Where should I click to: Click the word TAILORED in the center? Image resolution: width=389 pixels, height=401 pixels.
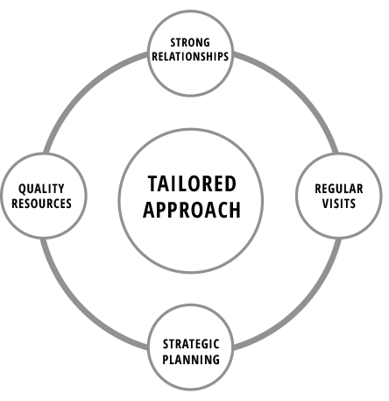(192, 183)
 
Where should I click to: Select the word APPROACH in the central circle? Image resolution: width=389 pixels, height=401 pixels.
(192, 210)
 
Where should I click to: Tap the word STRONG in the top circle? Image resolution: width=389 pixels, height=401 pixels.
(190, 42)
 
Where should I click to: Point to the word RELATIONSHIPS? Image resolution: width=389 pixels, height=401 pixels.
(190, 56)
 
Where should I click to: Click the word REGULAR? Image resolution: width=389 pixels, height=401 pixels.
(339, 189)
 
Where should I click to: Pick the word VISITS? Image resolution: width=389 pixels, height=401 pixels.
(339, 204)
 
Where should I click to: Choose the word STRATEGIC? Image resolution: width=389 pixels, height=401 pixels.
(191, 344)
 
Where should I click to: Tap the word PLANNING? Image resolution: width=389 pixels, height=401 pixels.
(191, 360)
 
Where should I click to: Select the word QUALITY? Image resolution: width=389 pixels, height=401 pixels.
(41, 189)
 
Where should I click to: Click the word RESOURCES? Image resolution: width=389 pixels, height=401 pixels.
(41, 204)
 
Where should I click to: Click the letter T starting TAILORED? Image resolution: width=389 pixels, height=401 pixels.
(153, 183)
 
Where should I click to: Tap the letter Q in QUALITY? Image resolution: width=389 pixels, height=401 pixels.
(23, 190)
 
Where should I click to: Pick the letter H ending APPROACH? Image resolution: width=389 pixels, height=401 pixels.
(236, 210)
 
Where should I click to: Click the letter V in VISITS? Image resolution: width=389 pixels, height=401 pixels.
(326, 204)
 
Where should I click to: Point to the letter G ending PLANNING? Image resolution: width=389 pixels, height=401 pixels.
(216, 360)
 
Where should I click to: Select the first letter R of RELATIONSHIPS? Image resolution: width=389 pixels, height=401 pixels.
(155, 56)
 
